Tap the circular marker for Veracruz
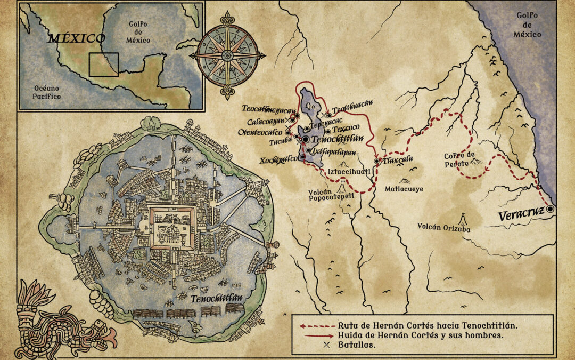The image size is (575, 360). (551, 210)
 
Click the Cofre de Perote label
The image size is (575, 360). (457, 160)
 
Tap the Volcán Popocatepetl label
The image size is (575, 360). (331, 196)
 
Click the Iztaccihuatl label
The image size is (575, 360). (344, 172)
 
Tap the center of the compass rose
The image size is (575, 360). (227, 55)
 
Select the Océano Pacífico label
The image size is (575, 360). (42, 92)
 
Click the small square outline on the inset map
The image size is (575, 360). (103, 65)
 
